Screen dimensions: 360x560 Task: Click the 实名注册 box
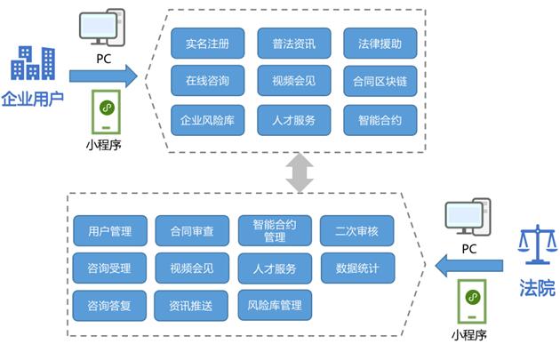(206, 44)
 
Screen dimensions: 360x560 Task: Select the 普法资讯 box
(294, 44)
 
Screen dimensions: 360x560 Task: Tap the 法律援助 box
(380, 44)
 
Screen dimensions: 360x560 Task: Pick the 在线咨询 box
(206, 81)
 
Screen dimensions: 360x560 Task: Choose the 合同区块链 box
(380, 81)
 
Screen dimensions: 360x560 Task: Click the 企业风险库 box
(206, 119)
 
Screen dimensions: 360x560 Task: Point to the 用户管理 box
(104, 231)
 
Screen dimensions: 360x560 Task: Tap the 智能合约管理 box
(274, 231)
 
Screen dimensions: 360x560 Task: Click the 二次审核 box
(356, 231)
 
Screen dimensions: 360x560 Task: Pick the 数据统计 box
(356, 268)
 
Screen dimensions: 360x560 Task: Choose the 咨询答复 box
(104, 305)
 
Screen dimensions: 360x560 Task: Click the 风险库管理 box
(274, 305)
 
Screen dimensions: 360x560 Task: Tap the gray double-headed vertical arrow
(300, 172)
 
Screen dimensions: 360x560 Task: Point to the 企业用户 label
(33, 97)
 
